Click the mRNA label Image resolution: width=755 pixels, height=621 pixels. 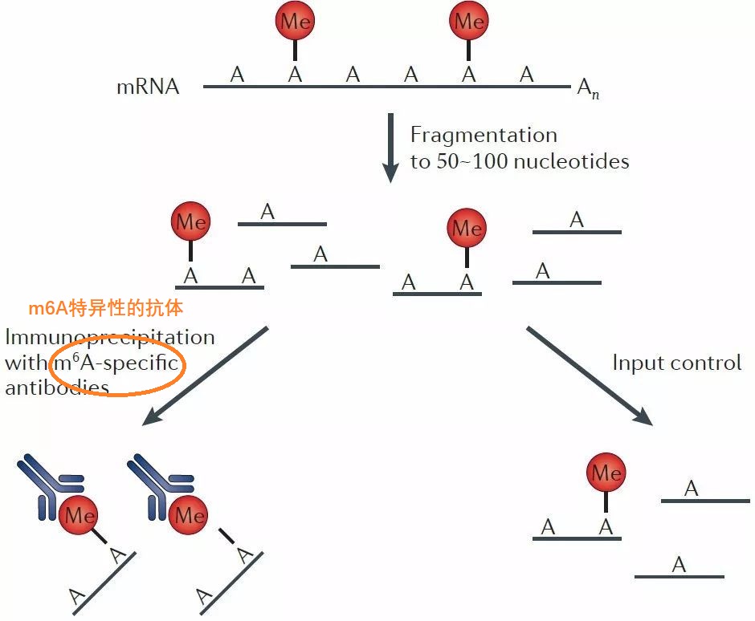pos(148,87)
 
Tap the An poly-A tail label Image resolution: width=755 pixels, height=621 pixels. pos(587,88)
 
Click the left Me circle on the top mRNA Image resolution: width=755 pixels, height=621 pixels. pos(295,23)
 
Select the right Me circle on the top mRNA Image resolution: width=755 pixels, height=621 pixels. pos(469,22)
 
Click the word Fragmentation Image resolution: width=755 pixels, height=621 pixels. pos(484,135)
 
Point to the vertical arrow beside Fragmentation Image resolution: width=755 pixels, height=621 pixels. pos(390,148)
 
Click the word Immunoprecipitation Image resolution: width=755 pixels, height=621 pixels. pos(109,337)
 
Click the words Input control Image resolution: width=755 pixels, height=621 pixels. pos(676,363)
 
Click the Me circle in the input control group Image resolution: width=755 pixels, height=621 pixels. pos(606,473)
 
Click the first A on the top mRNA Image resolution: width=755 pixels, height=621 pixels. pos(237,75)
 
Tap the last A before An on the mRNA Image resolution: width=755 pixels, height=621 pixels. pos(526,75)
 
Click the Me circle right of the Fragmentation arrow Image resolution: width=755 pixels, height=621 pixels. pos(467,229)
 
